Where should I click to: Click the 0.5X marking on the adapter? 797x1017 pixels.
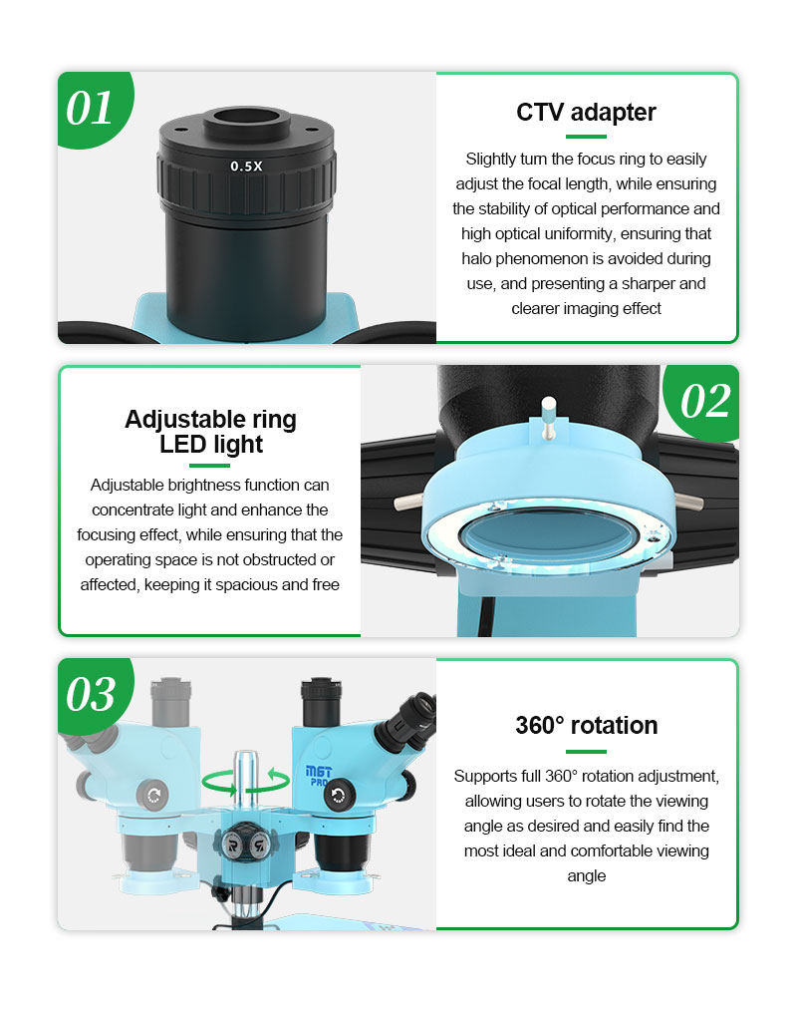click(246, 167)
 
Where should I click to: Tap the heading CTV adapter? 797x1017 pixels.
click(586, 113)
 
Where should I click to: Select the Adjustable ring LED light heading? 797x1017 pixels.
click(210, 432)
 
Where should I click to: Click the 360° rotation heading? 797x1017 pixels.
click(587, 725)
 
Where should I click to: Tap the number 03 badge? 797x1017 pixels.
click(91, 694)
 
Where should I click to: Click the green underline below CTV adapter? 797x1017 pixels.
click(586, 137)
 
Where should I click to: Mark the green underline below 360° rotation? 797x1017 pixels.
click(586, 752)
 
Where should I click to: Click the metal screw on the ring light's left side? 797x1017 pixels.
click(408, 502)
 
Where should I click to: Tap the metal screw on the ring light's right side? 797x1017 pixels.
click(688, 501)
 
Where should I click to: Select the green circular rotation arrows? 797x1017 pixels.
click(246, 781)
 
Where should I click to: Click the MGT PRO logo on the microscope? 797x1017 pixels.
click(318, 776)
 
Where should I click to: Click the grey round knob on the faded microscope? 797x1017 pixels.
click(152, 795)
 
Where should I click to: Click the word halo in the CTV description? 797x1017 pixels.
click(476, 259)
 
